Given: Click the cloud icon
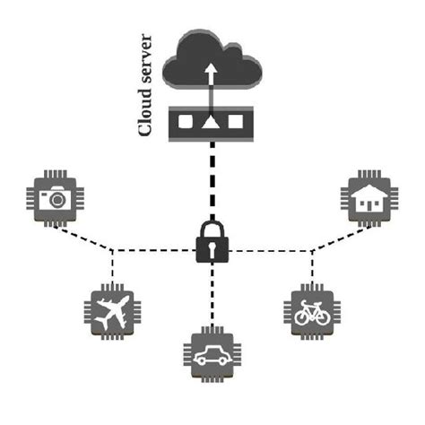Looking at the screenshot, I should coord(218,59).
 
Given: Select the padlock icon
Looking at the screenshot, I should coord(212,244).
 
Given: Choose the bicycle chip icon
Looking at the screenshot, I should coord(311,310).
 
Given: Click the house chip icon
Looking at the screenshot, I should coord(369,198).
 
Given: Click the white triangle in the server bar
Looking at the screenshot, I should coord(212,119).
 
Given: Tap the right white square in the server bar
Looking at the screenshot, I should coord(238,119).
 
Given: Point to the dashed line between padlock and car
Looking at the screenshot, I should coord(212,296).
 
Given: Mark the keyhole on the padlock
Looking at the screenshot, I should coord(212,250).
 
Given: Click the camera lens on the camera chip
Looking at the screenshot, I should coord(59,200).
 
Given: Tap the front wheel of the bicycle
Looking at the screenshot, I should coord(324,316).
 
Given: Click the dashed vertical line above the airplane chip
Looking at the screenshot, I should coord(111,265).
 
